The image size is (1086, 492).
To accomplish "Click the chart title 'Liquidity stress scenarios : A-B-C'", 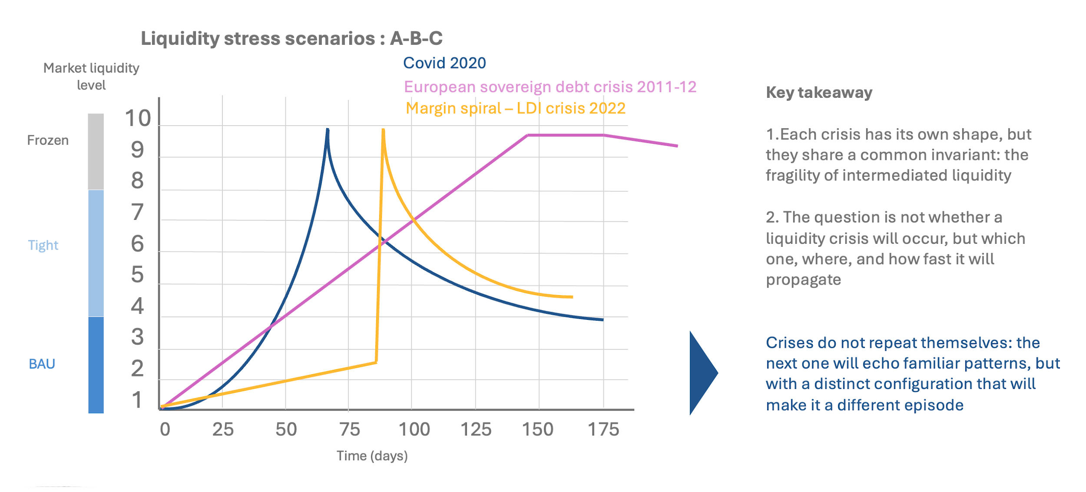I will pos(291,38).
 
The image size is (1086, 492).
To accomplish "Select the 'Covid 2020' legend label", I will pos(444,63).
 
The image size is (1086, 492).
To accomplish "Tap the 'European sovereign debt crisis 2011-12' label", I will pos(550,87).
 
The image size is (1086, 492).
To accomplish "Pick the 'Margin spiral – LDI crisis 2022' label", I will pos(515,108).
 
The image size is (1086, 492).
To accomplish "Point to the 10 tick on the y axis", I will pos(138,118).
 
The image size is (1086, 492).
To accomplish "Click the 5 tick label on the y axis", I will pos(137,275).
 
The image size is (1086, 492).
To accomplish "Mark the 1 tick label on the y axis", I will pos(137,400).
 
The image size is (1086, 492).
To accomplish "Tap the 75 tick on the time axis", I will pos(350,429).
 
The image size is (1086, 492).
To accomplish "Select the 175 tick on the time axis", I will pos(603,429).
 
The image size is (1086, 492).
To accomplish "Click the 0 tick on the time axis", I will pos(165,429).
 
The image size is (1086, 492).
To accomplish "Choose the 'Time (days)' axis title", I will pos(372,456).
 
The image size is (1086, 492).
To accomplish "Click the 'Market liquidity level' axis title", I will pos(91,76).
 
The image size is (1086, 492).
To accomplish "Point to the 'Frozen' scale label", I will pos(48,140).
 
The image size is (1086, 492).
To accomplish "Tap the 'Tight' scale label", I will pos(43,245).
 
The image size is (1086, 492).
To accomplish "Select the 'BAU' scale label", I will pos(42,364).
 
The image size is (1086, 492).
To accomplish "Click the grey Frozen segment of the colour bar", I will pos(96,151).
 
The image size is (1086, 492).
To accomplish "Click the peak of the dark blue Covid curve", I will pos(328,130).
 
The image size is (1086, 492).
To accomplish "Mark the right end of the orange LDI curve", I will pos(572,297).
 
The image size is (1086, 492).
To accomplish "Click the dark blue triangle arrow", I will pos(701,373).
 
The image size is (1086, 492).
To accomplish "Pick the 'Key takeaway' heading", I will pos(819,93).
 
